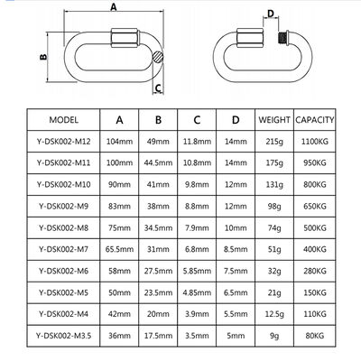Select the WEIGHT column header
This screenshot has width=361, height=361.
273,118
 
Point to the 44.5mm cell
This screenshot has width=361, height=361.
158,163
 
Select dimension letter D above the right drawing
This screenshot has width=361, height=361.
246,14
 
